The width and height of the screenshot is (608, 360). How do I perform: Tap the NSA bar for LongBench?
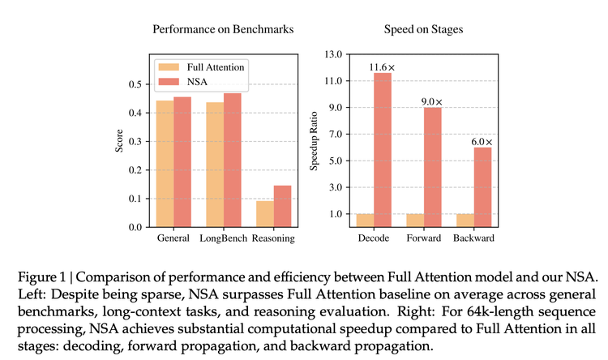point(233,160)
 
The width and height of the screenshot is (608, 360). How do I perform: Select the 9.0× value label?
point(432,101)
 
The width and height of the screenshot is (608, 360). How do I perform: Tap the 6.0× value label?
point(482,140)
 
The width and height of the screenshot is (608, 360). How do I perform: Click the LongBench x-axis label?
point(223,239)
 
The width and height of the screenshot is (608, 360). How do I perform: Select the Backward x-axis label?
point(473,239)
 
